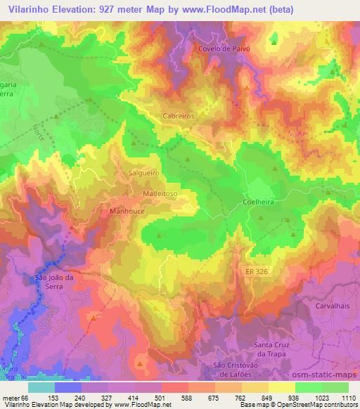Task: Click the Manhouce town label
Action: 127,209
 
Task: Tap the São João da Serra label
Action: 53,282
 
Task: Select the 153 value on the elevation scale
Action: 53,397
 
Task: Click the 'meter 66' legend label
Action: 15,397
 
